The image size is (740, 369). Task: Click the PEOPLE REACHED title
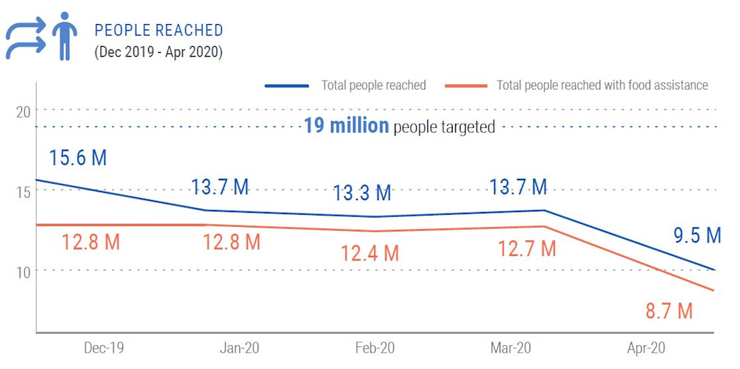click(x=159, y=30)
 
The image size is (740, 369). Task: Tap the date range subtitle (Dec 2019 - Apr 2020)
click(x=158, y=52)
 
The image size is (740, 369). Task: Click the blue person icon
click(x=65, y=35)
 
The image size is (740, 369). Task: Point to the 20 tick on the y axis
click(x=23, y=110)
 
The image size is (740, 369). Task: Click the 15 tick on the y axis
click(x=23, y=191)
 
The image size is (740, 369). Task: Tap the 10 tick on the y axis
click(x=23, y=271)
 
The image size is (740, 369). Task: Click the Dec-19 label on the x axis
click(x=104, y=348)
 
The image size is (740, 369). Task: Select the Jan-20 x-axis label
click(x=239, y=348)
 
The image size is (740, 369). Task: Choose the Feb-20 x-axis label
click(x=375, y=348)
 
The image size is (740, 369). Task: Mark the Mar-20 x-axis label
click(x=511, y=348)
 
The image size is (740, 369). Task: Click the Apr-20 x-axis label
click(x=646, y=348)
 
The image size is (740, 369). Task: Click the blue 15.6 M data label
click(x=78, y=158)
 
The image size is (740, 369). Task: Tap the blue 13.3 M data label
click(x=362, y=192)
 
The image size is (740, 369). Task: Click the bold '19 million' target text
click(x=346, y=127)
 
